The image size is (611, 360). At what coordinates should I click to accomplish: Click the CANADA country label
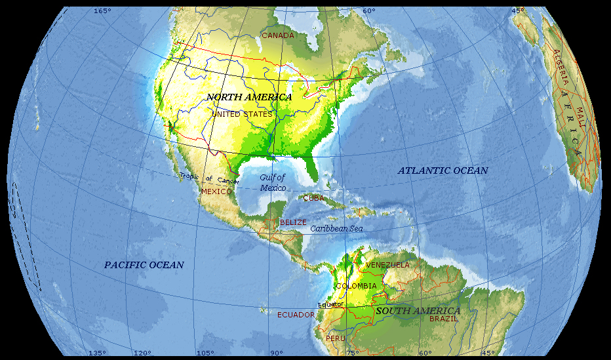pyautogui.click(x=277, y=35)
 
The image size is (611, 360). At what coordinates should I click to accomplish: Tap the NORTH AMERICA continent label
pyautogui.click(x=249, y=97)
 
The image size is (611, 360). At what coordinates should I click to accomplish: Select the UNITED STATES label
pyautogui.click(x=242, y=114)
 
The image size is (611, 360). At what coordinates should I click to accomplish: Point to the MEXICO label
pyautogui.click(x=216, y=191)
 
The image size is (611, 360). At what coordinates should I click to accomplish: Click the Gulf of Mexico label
pyautogui.click(x=273, y=182)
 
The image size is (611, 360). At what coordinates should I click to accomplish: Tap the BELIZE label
pyautogui.click(x=293, y=223)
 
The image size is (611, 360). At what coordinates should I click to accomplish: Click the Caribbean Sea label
pyautogui.click(x=336, y=229)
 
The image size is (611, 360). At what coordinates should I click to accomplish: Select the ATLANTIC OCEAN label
pyautogui.click(x=443, y=170)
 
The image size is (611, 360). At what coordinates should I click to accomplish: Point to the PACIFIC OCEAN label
pyautogui.click(x=144, y=265)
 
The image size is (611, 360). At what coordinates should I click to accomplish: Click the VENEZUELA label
pyautogui.click(x=387, y=265)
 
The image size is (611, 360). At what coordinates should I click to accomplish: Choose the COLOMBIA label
pyautogui.click(x=356, y=286)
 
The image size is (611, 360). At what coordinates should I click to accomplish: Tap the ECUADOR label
pyautogui.click(x=296, y=315)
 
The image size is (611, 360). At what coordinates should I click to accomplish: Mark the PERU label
pyautogui.click(x=335, y=338)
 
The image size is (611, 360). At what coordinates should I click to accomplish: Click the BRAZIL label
pyautogui.click(x=443, y=319)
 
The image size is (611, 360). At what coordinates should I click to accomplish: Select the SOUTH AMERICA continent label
pyautogui.click(x=418, y=310)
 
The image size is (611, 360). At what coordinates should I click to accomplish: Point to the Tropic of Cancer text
pyautogui.click(x=210, y=178)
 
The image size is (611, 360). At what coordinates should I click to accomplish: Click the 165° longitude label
pyautogui.click(x=102, y=11)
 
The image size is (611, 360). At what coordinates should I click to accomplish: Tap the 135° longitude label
pyautogui.click(x=97, y=353)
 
